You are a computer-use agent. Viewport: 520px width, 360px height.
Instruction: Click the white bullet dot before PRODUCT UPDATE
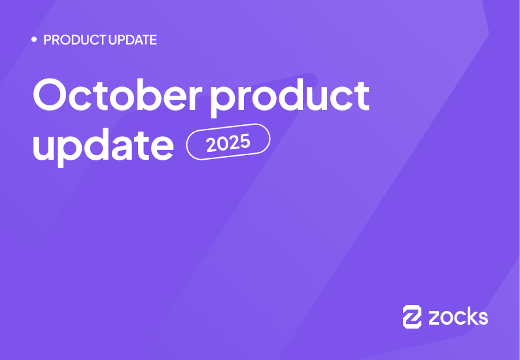click(34, 40)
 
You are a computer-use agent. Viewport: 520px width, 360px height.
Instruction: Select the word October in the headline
click(118, 96)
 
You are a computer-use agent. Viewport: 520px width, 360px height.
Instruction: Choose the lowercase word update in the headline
click(103, 145)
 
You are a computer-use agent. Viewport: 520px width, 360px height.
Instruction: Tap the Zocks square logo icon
click(412, 316)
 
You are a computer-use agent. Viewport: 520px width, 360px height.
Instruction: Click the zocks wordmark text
click(458, 317)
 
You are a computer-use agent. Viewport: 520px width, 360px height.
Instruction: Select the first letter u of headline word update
click(43, 147)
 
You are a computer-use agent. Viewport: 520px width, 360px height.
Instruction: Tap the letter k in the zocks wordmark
click(470, 316)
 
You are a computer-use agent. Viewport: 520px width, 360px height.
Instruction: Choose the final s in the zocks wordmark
click(482, 318)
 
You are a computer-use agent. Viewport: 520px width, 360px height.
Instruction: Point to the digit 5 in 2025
click(246, 139)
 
